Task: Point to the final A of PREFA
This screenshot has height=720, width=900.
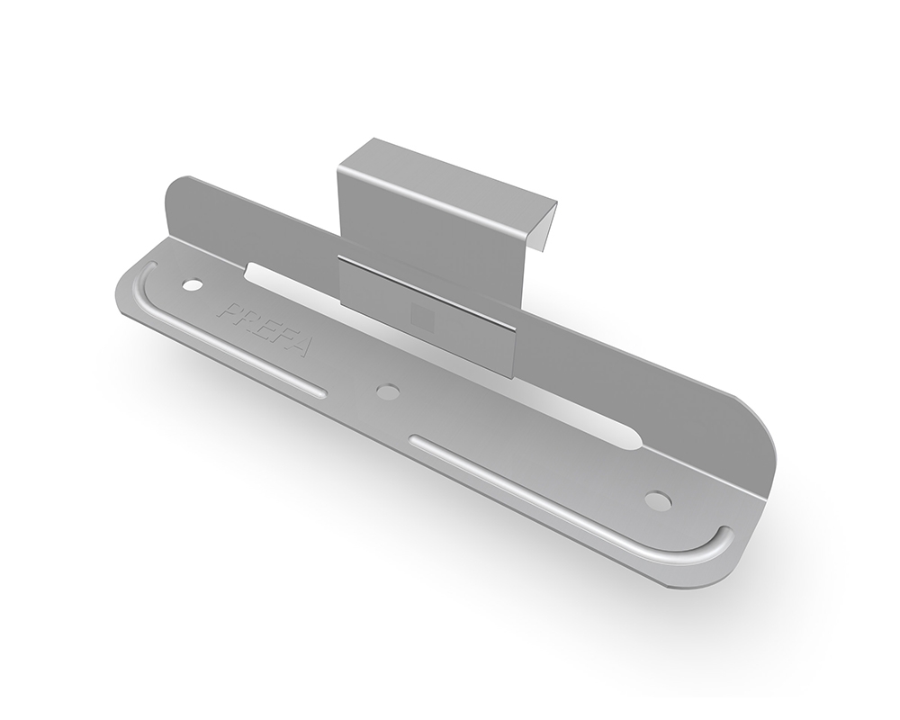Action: pos(301,346)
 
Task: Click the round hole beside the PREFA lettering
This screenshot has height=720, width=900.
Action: pos(192,283)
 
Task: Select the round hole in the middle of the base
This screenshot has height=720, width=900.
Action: pos(388,391)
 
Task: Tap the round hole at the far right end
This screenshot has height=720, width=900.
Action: pos(657,499)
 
